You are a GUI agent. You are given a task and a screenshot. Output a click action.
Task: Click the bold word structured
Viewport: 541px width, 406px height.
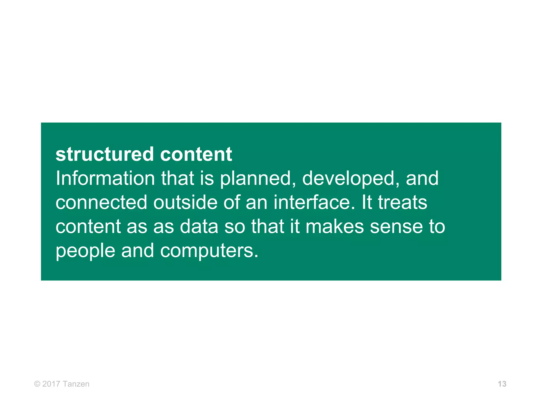pos(105,154)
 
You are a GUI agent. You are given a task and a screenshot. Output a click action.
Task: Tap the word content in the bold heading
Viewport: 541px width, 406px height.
pos(196,154)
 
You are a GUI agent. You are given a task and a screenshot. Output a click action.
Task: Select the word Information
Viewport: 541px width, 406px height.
pos(105,178)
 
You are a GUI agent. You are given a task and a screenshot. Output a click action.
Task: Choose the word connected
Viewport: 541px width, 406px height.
pos(101,202)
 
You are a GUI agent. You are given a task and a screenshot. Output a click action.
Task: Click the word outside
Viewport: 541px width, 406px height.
pos(185,202)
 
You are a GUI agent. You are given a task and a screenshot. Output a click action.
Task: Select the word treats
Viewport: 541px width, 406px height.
pos(402,202)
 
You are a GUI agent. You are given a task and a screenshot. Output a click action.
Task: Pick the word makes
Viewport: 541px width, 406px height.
pos(335,227)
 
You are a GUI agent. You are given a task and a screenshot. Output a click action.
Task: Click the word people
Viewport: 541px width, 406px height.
pos(85,251)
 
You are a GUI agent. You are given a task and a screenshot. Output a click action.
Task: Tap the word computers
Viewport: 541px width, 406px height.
pos(209,251)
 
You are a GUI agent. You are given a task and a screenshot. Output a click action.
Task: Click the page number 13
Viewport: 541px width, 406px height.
pos(502,384)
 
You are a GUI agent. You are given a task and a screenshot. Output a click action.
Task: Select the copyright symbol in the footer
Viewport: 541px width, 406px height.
pos(37,384)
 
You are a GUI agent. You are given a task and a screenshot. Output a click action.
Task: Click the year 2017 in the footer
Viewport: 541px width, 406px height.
pos(51,384)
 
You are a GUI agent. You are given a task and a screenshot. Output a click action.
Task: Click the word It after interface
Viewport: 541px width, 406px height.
pos(367,202)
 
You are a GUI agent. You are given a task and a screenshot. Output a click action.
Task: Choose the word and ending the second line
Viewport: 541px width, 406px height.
pos(422,178)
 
